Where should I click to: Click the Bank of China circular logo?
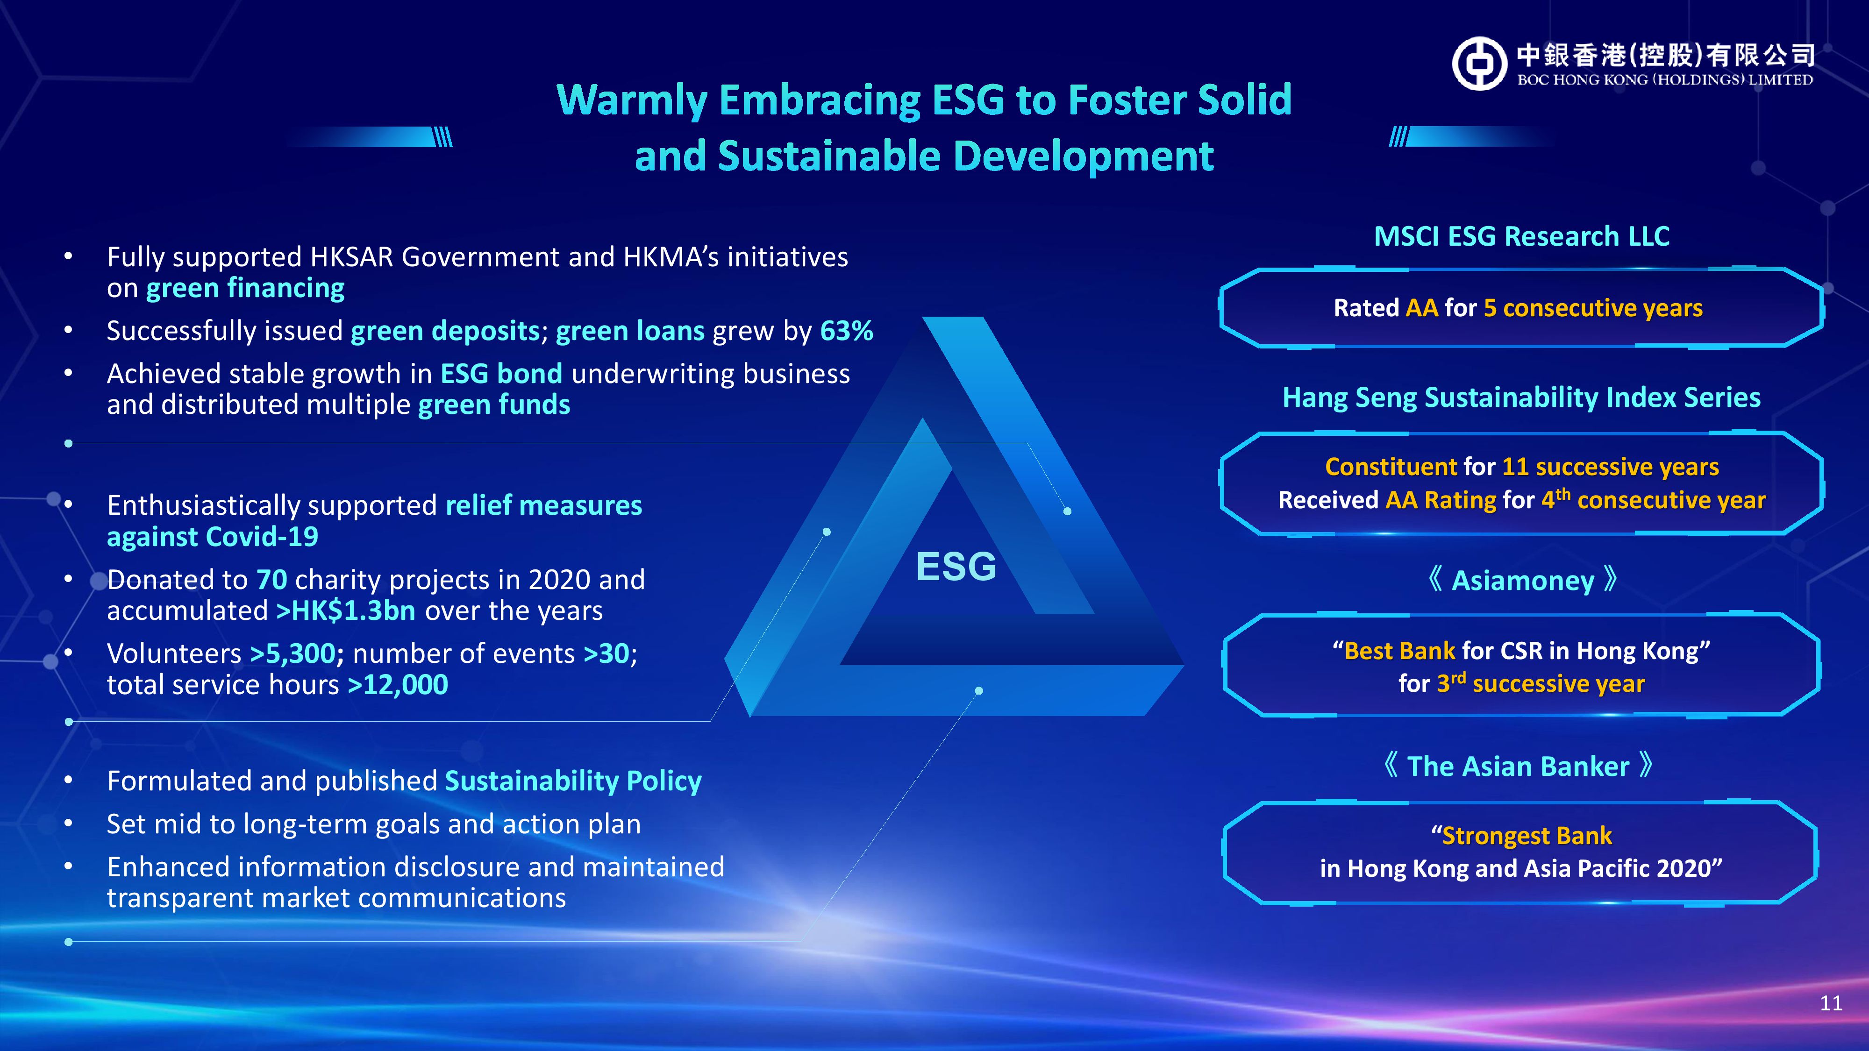(x=1479, y=64)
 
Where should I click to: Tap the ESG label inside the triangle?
(x=956, y=567)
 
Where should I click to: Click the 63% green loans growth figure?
(x=847, y=331)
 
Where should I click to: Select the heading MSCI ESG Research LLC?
(x=1521, y=236)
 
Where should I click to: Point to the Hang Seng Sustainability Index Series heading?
(x=1521, y=398)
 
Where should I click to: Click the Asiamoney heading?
(x=1522, y=580)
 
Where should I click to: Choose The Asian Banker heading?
(x=1518, y=766)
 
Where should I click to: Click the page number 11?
(x=1831, y=1003)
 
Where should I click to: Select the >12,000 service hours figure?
(x=398, y=685)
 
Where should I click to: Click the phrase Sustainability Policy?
(x=573, y=781)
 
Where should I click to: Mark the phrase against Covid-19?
(x=213, y=537)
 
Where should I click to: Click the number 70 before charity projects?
(x=272, y=580)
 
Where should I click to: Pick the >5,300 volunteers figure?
(x=292, y=653)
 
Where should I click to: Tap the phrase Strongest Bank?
(x=1527, y=836)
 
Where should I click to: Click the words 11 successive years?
(x=1610, y=466)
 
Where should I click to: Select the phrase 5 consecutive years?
(x=1592, y=308)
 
